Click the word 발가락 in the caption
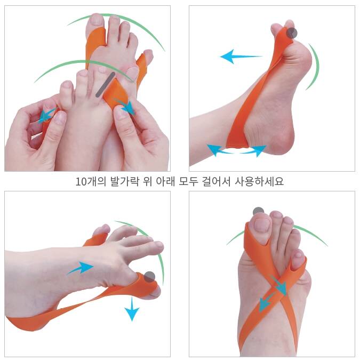[125, 181]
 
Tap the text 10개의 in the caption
[91, 181]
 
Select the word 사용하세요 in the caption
[259, 181]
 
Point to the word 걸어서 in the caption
[216, 181]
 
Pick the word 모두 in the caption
[188, 181]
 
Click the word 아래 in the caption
[165, 181]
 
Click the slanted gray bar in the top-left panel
[105, 84]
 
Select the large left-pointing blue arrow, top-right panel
[241, 57]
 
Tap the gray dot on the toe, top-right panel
[292, 33]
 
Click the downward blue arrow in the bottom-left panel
[132, 309]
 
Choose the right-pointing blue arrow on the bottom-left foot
[81, 268]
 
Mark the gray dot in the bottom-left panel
[150, 277]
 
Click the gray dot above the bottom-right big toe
[258, 211]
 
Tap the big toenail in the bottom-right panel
[262, 224]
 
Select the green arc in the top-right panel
[314, 67]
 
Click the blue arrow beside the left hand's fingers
[47, 116]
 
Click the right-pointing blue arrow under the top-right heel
[253, 150]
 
